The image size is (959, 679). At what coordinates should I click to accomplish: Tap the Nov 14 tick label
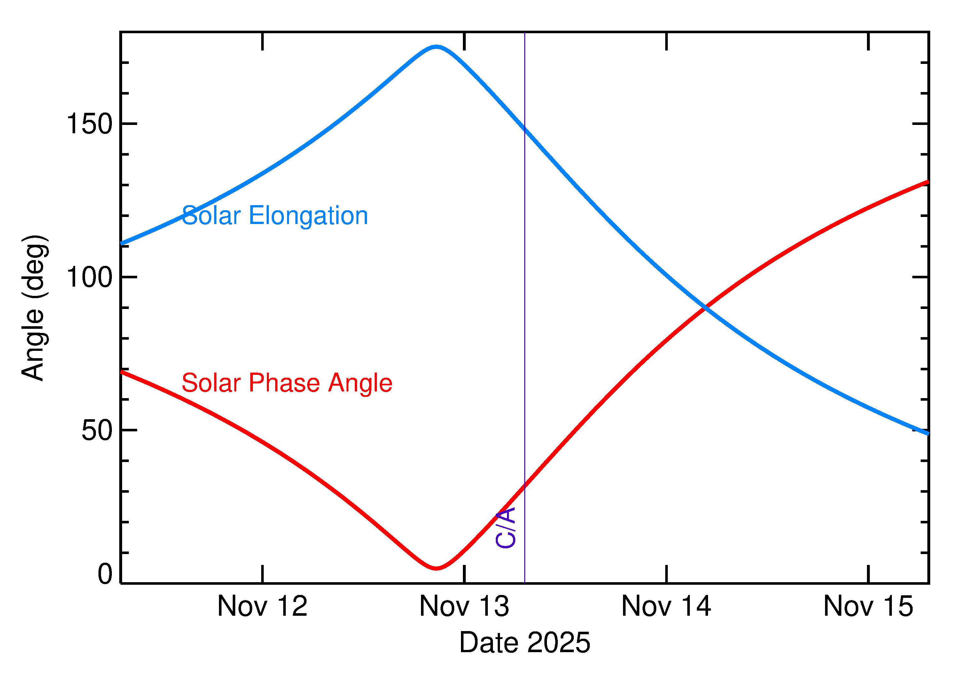(x=666, y=607)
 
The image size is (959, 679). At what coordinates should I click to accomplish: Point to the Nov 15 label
(x=868, y=607)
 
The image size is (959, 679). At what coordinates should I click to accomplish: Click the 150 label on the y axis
(x=90, y=124)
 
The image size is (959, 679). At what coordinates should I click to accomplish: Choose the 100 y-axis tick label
(x=90, y=277)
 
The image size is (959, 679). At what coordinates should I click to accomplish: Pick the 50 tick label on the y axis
(x=97, y=430)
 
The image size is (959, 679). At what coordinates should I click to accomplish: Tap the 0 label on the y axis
(x=105, y=574)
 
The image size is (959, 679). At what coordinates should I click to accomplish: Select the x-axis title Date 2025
(x=525, y=643)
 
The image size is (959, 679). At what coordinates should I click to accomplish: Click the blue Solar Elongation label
(x=275, y=216)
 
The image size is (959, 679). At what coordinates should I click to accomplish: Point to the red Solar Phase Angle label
(x=287, y=383)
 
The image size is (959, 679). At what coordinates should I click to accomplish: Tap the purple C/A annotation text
(x=506, y=528)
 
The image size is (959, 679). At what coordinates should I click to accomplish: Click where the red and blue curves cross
(x=705, y=307)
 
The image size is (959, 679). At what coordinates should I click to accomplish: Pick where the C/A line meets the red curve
(x=525, y=485)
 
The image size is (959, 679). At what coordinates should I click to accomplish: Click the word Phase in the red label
(x=285, y=383)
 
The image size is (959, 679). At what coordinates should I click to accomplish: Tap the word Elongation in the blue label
(x=308, y=216)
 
